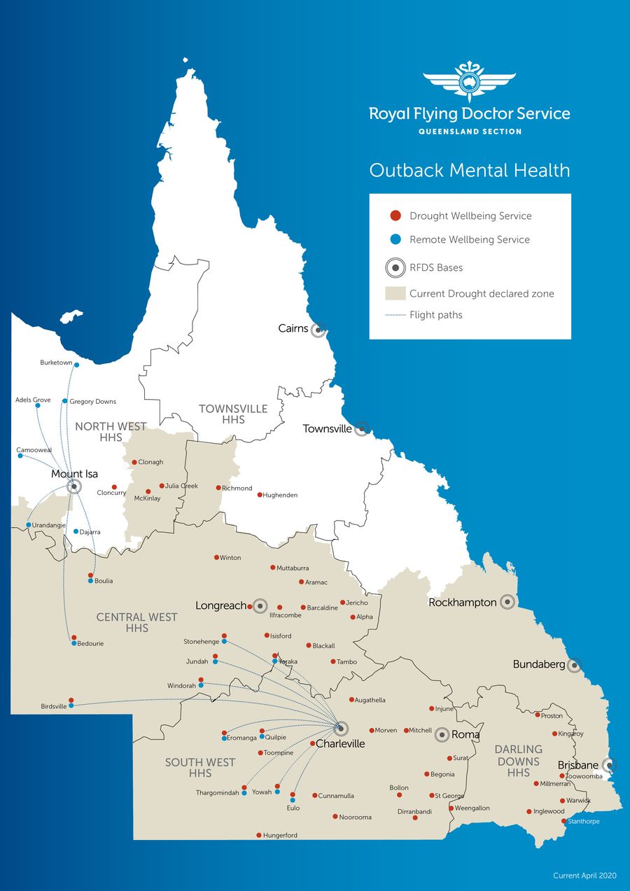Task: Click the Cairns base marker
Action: pyautogui.click(x=318, y=329)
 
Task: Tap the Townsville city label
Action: pyautogui.click(x=327, y=429)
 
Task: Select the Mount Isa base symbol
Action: pyautogui.click(x=74, y=486)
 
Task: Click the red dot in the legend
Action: pyautogui.click(x=395, y=216)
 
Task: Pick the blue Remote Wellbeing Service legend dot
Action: pyautogui.click(x=395, y=239)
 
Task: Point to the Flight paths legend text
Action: pyautogui.click(x=435, y=315)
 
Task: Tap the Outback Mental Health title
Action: pyautogui.click(x=469, y=170)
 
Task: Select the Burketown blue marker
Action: pyautogui.click(x=77, y=365)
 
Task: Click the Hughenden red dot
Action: pyautogui.click(x=260, y=495)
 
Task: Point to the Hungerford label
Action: pyautogui.click(x=280, y=836)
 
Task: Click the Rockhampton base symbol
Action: pyautogui.click(x=507, y=602)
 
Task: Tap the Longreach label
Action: pyautogui.click(x=220, y=605)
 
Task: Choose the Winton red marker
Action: pyautogui.click(x=216, y=558)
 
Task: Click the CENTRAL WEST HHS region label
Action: pyautogui.click(x=137, y=622)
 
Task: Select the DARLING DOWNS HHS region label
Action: pyautogui.click(x=519, y=761)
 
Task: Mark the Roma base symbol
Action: pyautogui.click(x=442, y=735)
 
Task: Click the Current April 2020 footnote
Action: pyautogui.click(x=584, y=876)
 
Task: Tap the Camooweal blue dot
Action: pyautogui.click(x=20, y=456)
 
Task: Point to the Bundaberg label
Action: pyautogui.click(x=538, y=664)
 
